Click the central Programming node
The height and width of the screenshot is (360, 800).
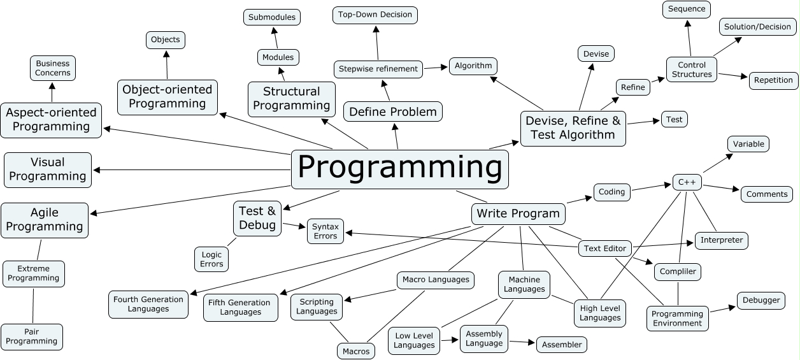pyautogui.click(x=400, y=169)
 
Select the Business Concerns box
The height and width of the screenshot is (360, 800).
pyautogui.click(x=53, y=68)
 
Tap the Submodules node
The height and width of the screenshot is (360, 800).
pyautogui.click(x=272, y=17)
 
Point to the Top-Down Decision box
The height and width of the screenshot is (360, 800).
pyautogui.click(x=375, y=15)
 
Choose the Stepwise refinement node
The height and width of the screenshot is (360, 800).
pyautogui.click(x=378, y=69)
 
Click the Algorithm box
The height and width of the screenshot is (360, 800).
pyautogui.click(x=473, y=66)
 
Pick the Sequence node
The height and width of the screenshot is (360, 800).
pyautogui.click(x=687, y=10)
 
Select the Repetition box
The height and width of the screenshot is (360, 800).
pyautogui.click(x=773, y=80)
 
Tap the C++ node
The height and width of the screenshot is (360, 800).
pyautogui.click(x=687, y=182)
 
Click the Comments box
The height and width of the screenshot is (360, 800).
pyautogui.click(x=767, y=194)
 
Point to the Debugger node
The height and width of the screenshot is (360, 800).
pyautogui.click(x=761, y=300)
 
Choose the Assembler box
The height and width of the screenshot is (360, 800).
pyautogui.click(x=562, y=345)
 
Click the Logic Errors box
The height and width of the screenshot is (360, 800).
pyautogui.click(x=211, y=259)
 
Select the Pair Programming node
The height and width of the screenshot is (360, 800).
pyautogui.click(x=32, y=336)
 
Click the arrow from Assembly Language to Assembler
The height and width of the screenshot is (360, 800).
pyautogui.click(x=522, y=342)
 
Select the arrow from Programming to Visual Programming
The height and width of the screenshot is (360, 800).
pyautogui.click(x=191, y=169)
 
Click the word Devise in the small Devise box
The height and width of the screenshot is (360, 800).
pyautogui.click(x=596, y=54)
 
